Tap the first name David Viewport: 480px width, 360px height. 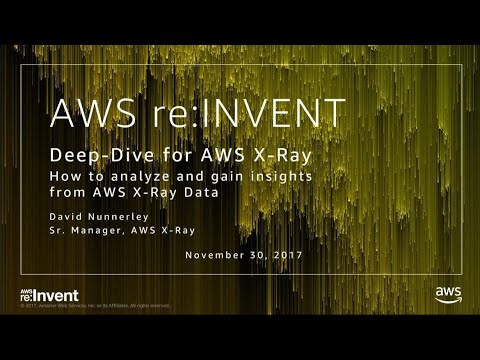coord(70,215)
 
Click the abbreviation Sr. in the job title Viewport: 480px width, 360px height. coord(58,230)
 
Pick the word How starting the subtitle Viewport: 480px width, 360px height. coord(64,175)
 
